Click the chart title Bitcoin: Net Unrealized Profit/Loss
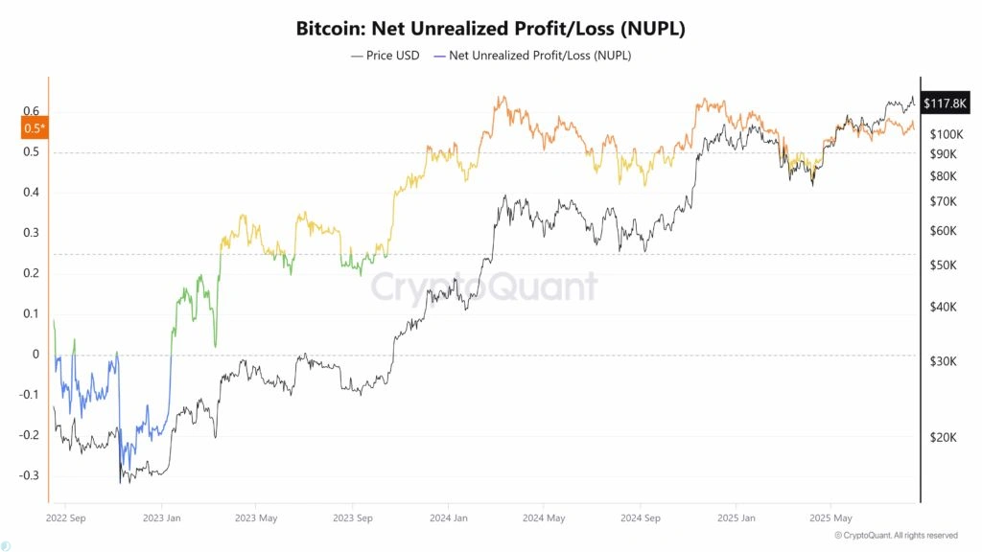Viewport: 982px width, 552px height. click(490, 29)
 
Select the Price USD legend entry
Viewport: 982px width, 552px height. click(385, 56)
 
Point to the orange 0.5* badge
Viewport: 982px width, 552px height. click(34, 127)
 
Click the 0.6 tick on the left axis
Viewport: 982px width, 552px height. click(32, 111)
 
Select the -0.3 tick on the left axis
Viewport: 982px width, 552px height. click(29, 475)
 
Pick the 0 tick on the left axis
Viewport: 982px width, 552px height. click(36, 355)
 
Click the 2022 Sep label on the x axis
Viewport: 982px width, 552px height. click(66, 518)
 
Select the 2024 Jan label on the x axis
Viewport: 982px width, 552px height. click(448, 518)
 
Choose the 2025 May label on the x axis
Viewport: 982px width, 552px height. click(830, 518)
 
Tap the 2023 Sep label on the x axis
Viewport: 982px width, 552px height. click(352, 518)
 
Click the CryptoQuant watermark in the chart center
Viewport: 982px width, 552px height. click(483, 287)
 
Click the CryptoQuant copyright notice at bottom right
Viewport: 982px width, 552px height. click(896, 535)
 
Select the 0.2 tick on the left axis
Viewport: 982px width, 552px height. click(32, 273)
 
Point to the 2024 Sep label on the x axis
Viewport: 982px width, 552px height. click(640, 518)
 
